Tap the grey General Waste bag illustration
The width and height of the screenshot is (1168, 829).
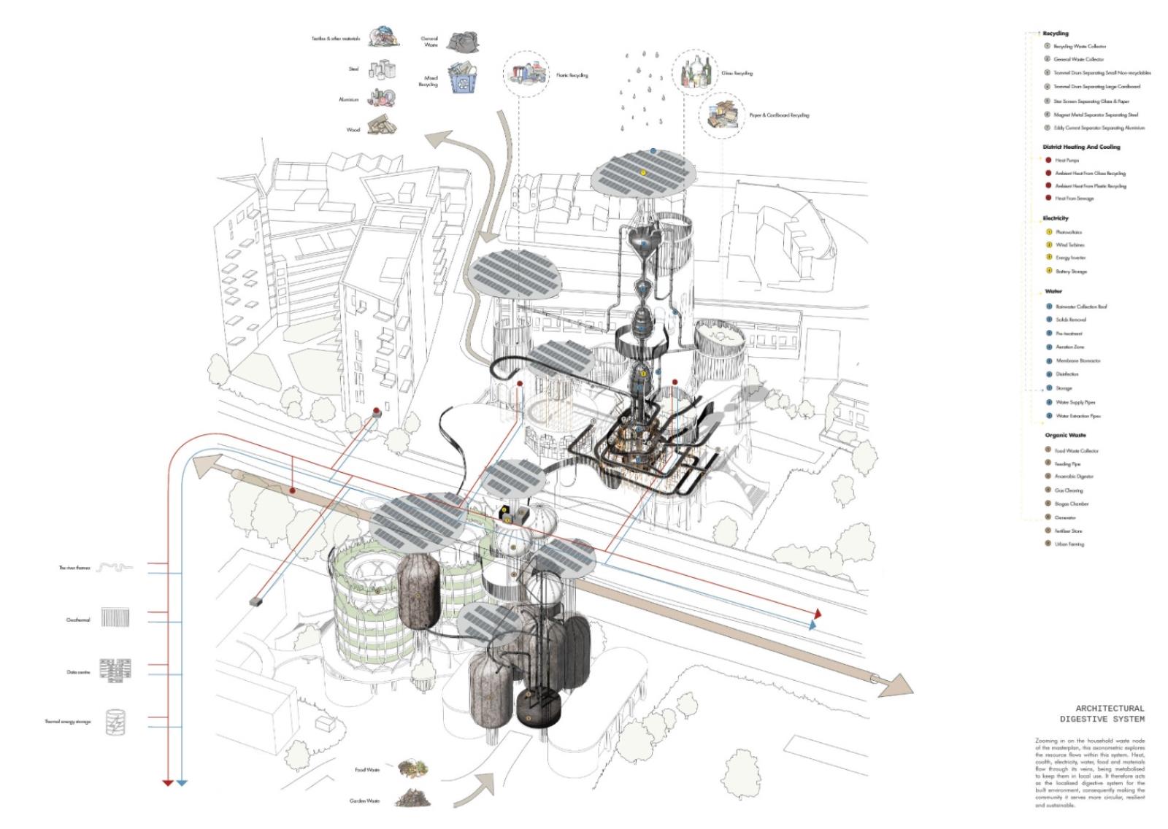461,42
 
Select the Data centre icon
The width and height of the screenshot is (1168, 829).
115,671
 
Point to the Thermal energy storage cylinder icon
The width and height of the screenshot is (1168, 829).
115,722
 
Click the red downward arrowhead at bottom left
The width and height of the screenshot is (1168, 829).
168,782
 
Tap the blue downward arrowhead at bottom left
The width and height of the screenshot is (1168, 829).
182,782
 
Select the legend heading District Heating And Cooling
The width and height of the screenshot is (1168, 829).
1080,147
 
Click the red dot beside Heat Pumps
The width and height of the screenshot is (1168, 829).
1048,160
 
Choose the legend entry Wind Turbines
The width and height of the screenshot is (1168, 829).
1070,245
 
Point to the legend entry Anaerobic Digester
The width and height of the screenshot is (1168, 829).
1074,477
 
